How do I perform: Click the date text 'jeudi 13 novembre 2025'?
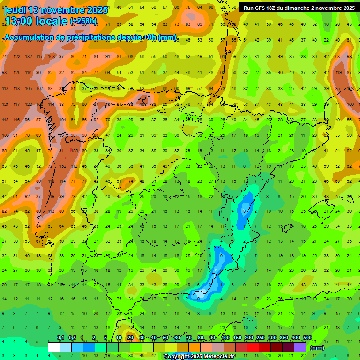coord(56,10)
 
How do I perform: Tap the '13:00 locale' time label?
coord(36,21)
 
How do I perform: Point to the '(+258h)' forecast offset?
coord(84,21)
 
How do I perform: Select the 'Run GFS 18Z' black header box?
coord(299,8)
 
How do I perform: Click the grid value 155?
coord(75,151)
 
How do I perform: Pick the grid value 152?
coord(63,166)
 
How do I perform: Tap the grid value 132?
coord(29,57)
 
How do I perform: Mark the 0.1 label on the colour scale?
coord(60,338)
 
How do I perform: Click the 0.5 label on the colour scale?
coord(72,338)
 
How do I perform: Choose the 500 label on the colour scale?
coord(307,338)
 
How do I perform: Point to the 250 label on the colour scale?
coord(260,338)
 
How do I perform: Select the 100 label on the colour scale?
coord(225,338)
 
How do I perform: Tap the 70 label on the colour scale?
coord(188,338)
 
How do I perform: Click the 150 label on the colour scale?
coord(237,338)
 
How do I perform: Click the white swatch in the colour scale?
coord(54,347)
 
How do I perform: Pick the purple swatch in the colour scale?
coord(300,347)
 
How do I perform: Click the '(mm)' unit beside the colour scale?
coord(317,348)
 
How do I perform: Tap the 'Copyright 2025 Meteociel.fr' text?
coord(199,357)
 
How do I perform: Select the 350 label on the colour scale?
coord(284,338)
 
